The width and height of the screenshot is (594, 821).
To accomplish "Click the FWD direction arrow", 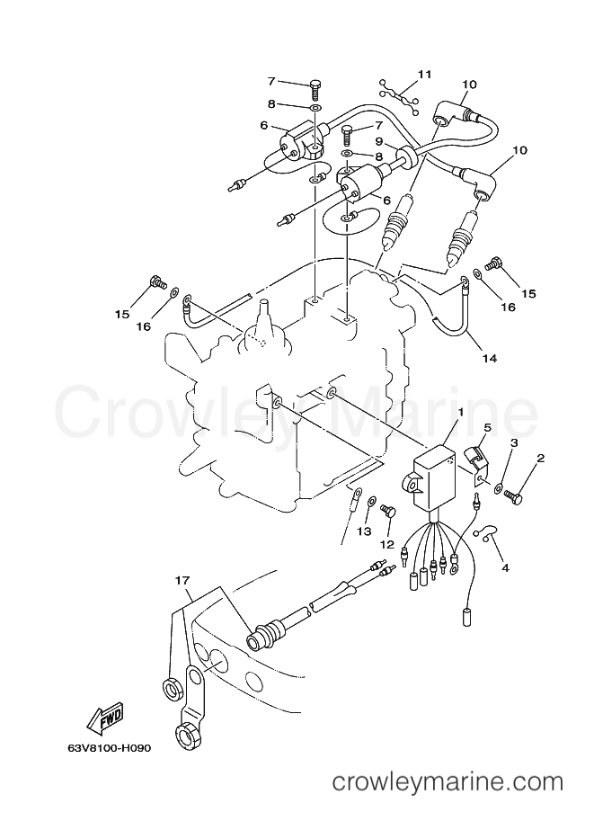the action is (x=104, y=717).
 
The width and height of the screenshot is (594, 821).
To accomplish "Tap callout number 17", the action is (x=182, y=580).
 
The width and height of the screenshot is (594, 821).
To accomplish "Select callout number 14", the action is (x=490, y=358).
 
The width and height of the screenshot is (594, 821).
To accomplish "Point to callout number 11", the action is (x=425, y=75).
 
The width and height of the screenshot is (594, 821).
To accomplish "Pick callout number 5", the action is (x=487, y=428).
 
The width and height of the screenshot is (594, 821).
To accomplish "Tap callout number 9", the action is (x=379, y=142).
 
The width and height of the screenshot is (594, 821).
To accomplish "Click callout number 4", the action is (x=505, y=567).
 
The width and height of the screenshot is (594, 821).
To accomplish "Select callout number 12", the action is (x=386, y=545).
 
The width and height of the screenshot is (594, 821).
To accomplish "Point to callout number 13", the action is (x=364, y=531).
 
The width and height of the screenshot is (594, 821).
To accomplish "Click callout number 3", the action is (x=514, y=443).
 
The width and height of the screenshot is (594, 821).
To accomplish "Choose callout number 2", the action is (x=541, y=459).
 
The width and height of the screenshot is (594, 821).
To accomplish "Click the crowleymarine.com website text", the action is (x=448, y=797).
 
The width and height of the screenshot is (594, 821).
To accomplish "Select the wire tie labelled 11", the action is (x=399, y=97).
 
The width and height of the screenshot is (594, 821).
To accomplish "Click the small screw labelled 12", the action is (x=389, y=511).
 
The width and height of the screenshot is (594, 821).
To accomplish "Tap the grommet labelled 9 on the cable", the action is (x=407, y=157).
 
